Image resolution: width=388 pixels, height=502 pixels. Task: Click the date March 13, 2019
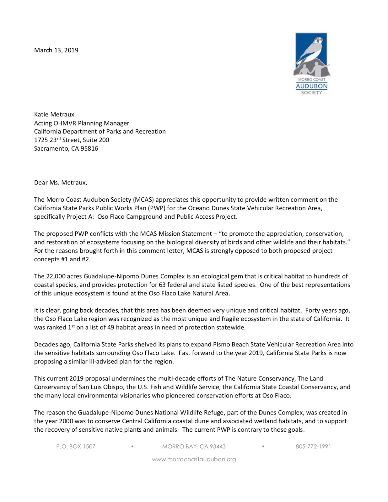[56, 50]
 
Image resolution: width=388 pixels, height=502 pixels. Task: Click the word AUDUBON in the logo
[311, 86]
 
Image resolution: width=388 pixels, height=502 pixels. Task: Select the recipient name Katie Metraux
[54, 115]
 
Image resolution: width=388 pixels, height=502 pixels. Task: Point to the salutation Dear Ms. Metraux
[61, 183]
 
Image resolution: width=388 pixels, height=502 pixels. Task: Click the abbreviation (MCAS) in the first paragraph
[143, 200]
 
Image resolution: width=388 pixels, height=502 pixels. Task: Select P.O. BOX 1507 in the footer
[76, 446]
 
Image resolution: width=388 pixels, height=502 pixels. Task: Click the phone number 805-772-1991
[313, 446]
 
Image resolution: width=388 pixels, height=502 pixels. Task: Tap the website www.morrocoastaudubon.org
[194, 459]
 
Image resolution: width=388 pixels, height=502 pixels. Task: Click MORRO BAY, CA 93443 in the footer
[194, 446]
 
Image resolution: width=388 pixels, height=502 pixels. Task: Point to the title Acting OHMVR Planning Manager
[82, 123]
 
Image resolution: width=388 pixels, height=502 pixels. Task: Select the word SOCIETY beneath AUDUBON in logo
[311, 93]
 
